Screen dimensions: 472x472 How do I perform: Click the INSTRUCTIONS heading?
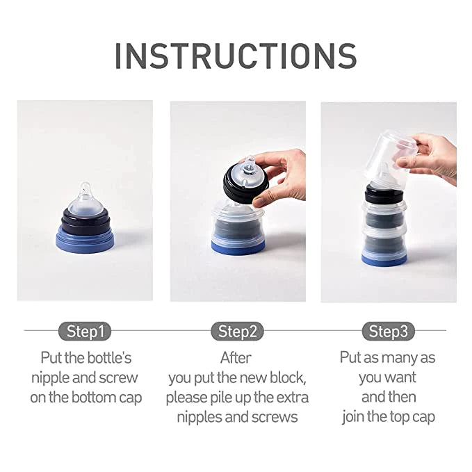(236, 56)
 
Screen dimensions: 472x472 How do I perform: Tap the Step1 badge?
(85, 331)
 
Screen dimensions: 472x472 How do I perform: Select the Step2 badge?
(237, 331)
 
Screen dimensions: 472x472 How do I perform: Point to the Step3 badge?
(389, 331)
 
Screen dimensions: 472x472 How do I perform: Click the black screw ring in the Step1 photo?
(86, 221)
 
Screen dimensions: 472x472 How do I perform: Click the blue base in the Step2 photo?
(238, 246)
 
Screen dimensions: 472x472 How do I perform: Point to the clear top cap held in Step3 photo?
(389, 158)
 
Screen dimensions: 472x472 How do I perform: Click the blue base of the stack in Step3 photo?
(384, 260)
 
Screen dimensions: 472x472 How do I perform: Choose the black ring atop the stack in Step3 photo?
(384, 193)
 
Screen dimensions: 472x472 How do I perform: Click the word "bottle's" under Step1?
(109, 358)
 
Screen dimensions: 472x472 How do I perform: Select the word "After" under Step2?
(236, 358)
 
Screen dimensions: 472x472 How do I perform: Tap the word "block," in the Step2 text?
(288, 377)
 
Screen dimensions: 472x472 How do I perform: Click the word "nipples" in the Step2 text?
(199, 417)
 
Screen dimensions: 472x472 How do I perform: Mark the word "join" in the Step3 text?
(353, 417)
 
